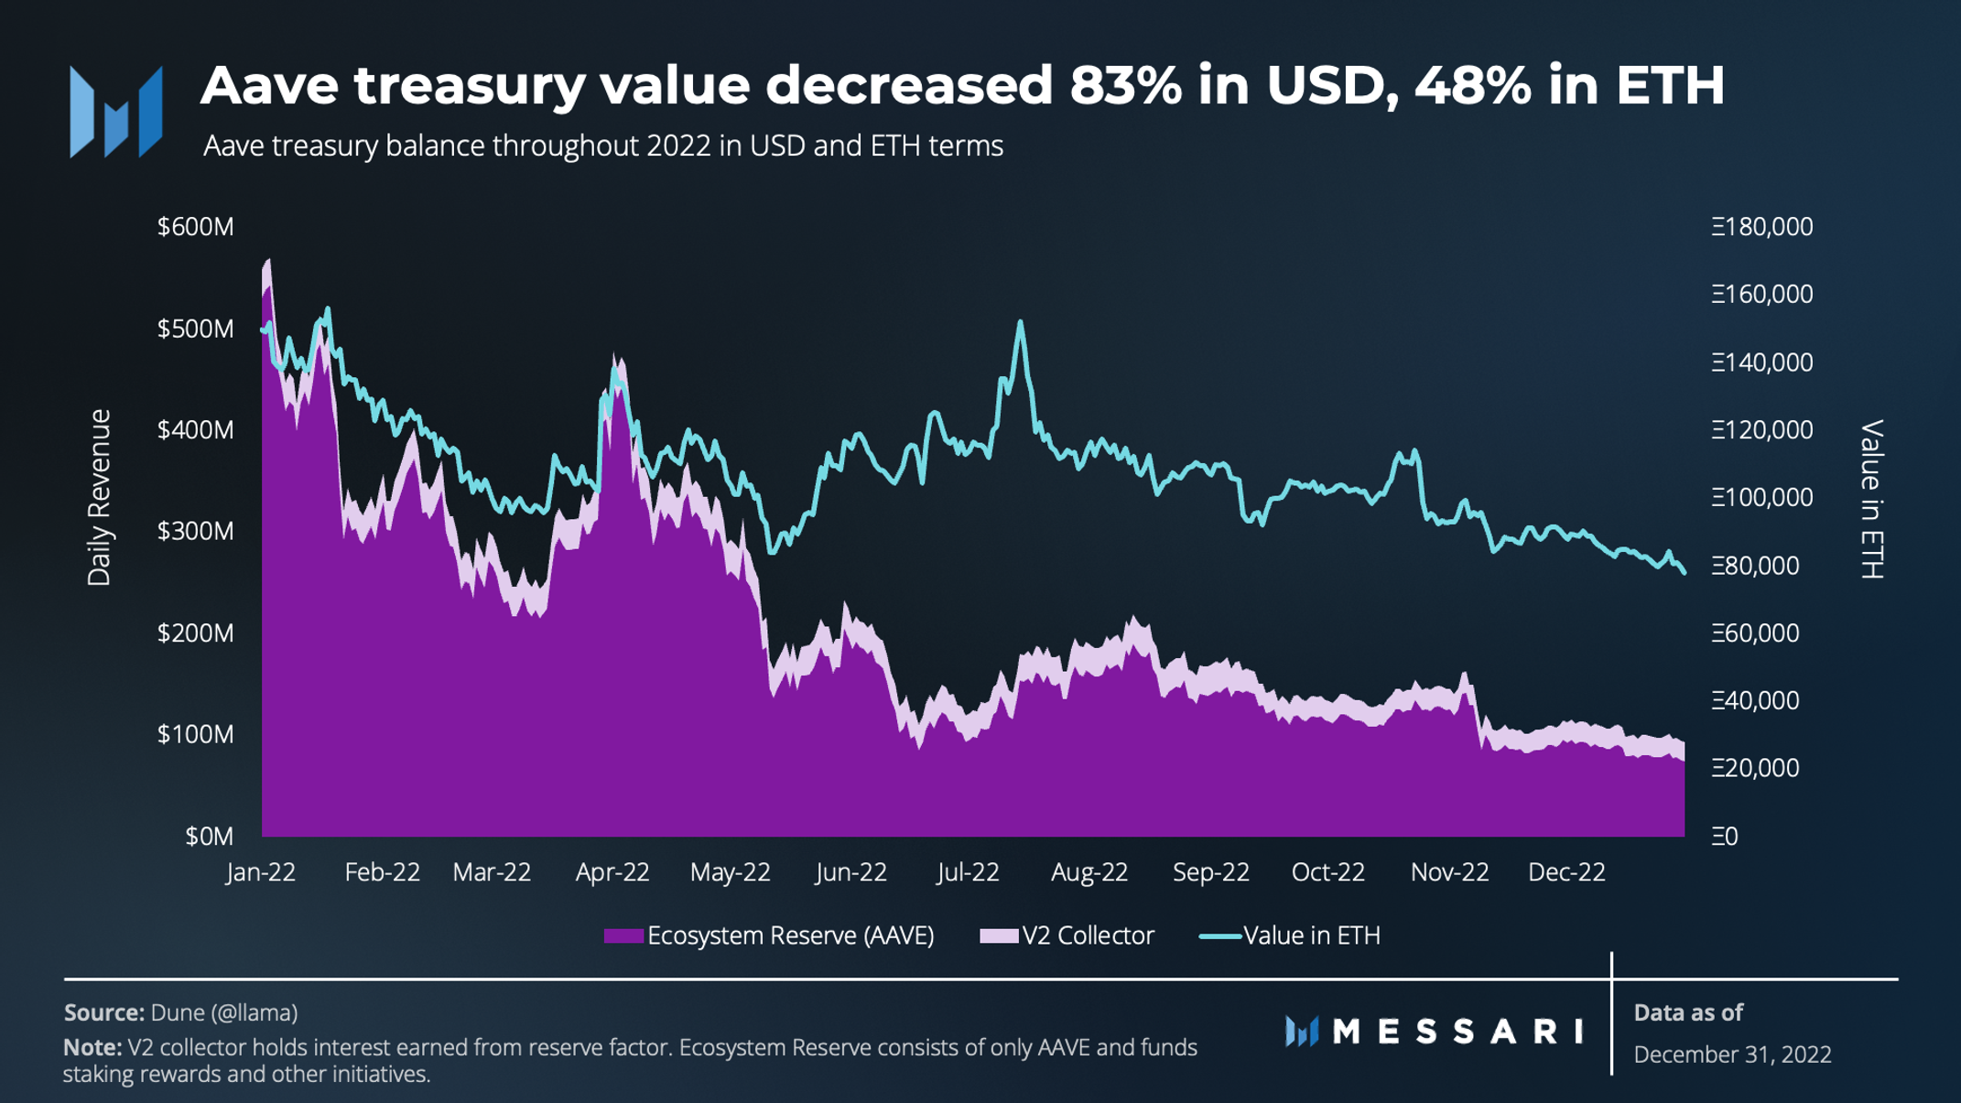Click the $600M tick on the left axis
tap(195, 226)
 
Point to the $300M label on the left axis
tap(195, 531)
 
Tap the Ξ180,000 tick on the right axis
tap(1761, 226)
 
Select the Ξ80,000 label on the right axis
tap(1754, 565)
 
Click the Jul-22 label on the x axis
tap(968, 871)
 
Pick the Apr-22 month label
tap(612, 871)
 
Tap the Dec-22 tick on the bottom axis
tap(1566, 871)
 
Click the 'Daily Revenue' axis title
tap(99, 497)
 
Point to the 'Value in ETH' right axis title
tap(1872, 499)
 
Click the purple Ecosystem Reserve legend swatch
tap(623, 935)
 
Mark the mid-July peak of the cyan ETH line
tap(1020, 322)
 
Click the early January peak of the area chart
tap(267, 263)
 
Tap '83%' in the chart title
tap(1125, 84)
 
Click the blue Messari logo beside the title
tap(116, 112)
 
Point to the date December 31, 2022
tap(1732, 1054)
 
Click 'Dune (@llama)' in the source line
tap(223, 1012)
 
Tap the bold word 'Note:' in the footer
tap(92, 1046)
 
